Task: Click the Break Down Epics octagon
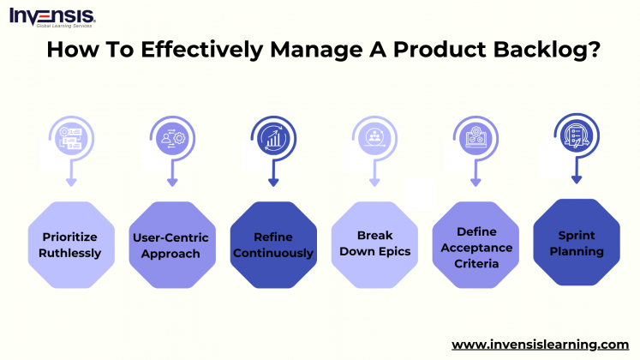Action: point(374,244)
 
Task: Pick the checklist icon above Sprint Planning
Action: point(576,135)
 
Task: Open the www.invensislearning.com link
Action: point(540,344)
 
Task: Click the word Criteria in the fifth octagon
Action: point(476,264)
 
